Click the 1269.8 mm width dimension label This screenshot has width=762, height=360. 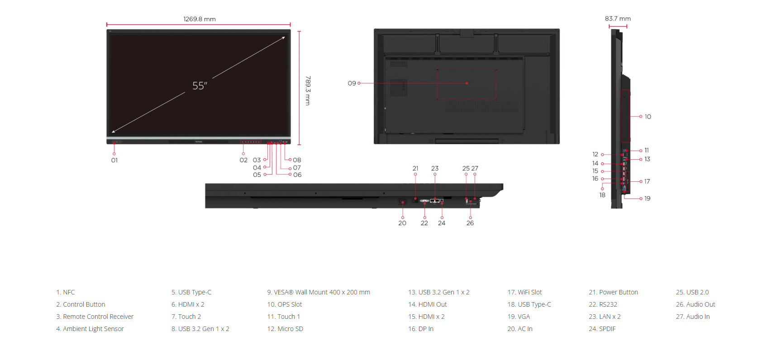click(200, 19)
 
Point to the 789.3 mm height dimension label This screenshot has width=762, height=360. click(308, 90)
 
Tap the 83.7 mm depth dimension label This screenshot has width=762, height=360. click(618, 19)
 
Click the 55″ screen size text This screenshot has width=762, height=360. click(200, 85)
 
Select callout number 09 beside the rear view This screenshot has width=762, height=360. click(352, 83)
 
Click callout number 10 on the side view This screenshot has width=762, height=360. click(648, 117)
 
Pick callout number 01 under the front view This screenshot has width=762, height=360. click(114, 160)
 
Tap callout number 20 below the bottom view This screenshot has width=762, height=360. click(402, 223)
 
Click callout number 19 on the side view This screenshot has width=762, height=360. click(647, 199)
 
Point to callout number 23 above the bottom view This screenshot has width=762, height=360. click(435, 168)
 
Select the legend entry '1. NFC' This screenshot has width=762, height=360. click(65, 292)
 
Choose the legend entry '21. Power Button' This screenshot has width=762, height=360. click(613, 292)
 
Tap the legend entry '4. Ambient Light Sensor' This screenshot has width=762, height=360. click(90, 329)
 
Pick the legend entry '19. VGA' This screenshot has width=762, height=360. click(519, 317)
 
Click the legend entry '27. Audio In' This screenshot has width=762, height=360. click(693, 317)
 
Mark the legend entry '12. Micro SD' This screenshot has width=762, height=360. click(285, 329)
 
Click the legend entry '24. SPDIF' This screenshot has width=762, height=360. click(602, 329)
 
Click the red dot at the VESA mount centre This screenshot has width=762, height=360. click(467, 83)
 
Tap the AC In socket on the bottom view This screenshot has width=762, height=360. click(402, 202)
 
